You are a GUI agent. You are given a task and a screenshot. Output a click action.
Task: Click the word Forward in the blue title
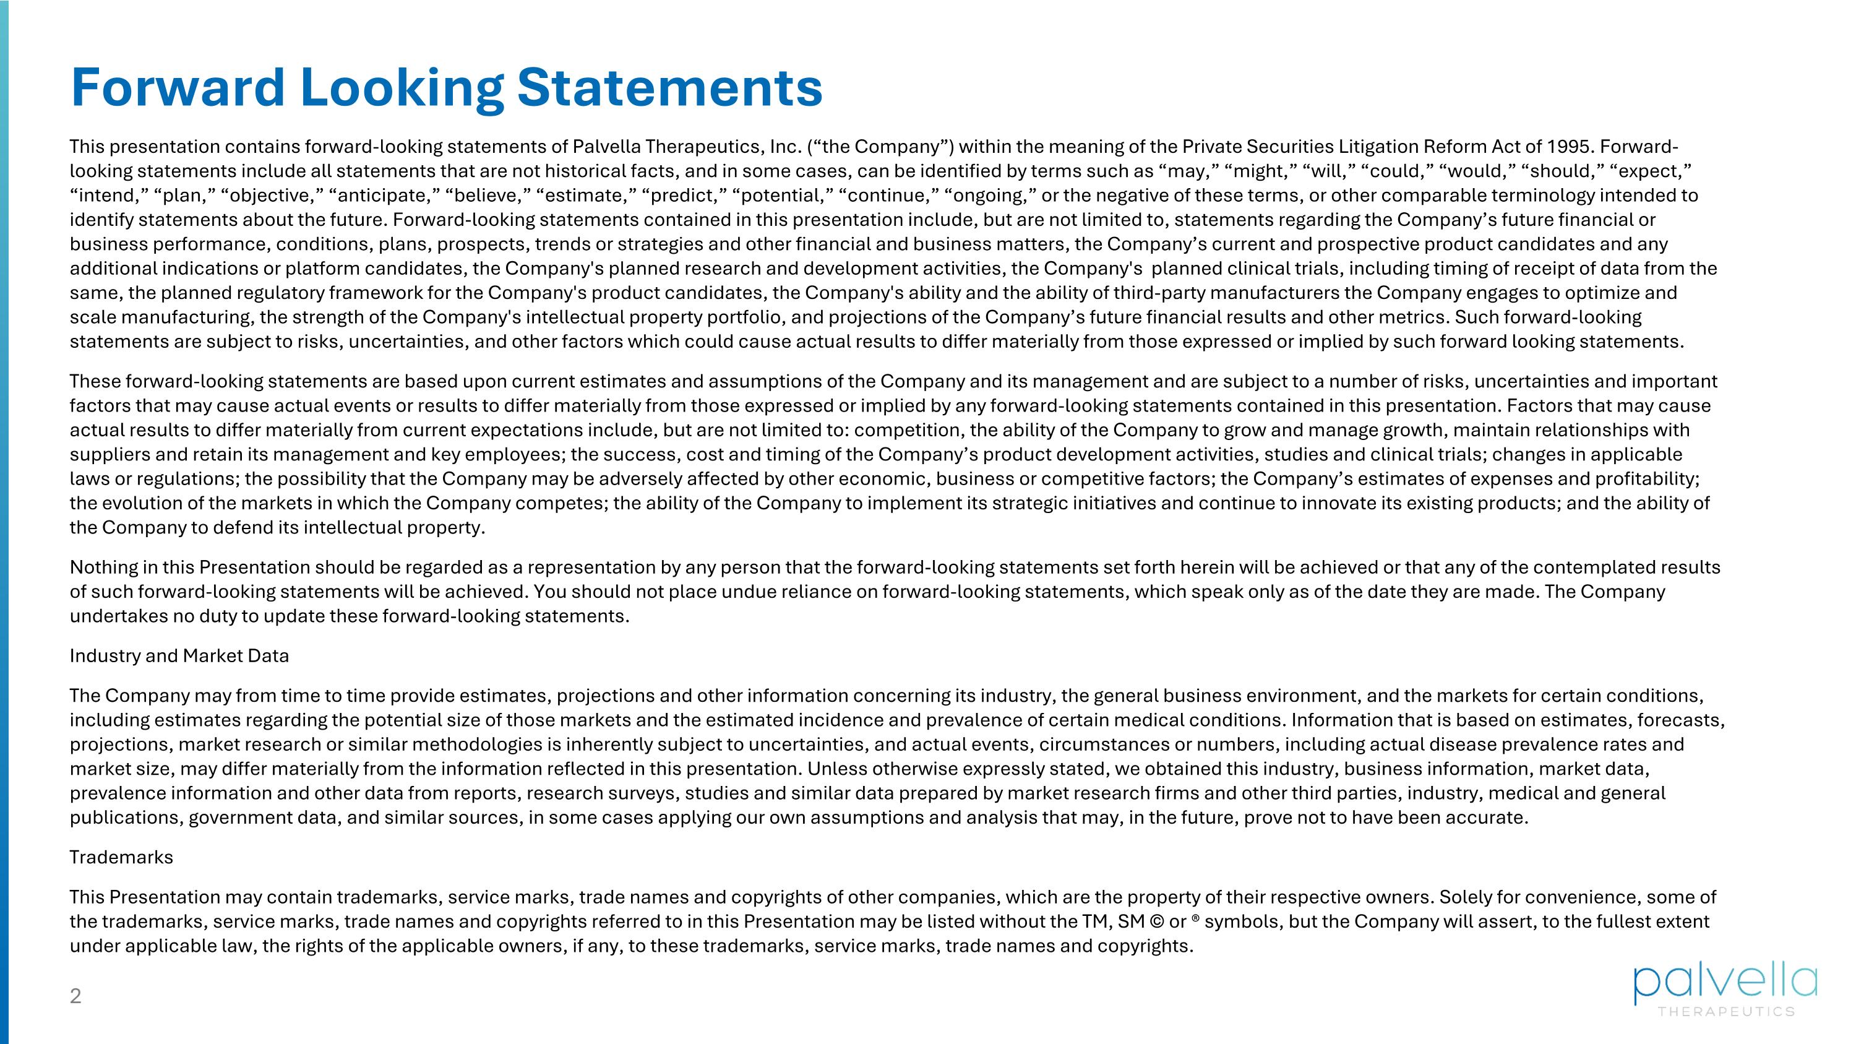coord(177,87)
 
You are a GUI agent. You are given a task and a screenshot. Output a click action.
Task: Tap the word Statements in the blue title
coord(669,87)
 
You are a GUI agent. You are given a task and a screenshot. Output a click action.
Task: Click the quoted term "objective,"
coord(274,196)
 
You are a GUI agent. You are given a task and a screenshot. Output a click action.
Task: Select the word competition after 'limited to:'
coord(909,431)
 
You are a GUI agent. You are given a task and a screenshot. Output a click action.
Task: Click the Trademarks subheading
coord(121,857)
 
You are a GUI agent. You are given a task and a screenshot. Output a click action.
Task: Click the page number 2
coord(75,996)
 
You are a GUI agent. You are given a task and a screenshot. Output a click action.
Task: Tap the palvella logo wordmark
coord(1725,983)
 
